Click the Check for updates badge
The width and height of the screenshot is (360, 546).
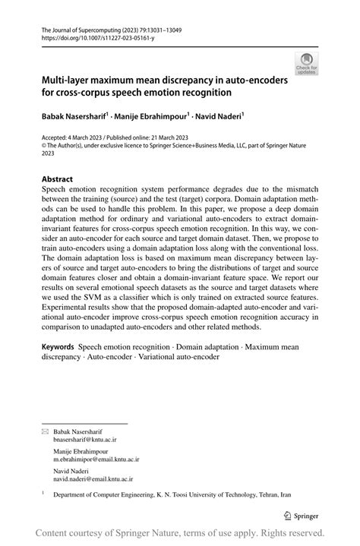coord(307,63)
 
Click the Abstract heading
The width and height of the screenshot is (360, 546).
coord(57,180)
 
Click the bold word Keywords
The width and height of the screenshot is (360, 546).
coord(58,346)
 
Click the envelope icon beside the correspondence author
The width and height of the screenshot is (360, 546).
coord(44,431)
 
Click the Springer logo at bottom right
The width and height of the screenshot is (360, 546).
coord(302,515)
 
